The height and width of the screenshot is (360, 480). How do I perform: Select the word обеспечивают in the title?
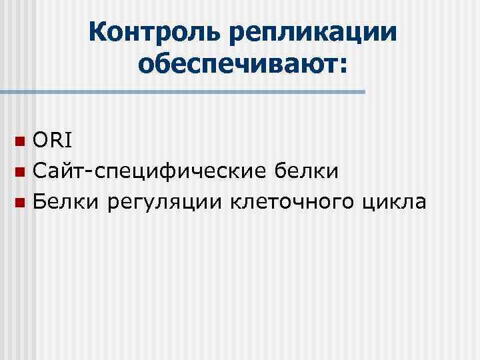(236, 65)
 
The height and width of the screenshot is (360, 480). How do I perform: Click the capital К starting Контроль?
(97, 31)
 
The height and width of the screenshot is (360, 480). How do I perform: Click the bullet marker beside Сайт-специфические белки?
(21, 173)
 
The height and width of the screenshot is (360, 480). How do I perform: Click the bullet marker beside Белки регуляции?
(21, 203)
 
